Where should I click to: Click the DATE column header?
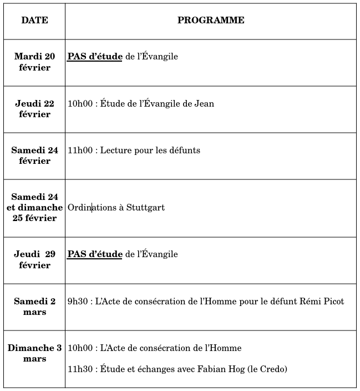[x=34, y=21]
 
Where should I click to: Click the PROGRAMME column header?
[x=211, y=21]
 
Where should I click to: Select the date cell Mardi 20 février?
[x=34, y=62]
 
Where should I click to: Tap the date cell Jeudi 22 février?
[x=34, y=108]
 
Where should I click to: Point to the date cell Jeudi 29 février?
[x=34, y=259]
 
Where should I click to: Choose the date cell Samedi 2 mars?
[x=34, y=307]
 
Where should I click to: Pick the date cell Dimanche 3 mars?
[x=34, y=353]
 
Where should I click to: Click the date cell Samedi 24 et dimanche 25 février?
[x=34, y=207]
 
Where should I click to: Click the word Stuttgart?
[x=145, y=208]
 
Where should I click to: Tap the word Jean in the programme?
[x=204, y=104]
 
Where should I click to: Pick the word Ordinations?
[x=92, y=208]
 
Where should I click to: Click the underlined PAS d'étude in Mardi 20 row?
[x=95, y=57]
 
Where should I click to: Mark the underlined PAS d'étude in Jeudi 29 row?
[x=95, y=254]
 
